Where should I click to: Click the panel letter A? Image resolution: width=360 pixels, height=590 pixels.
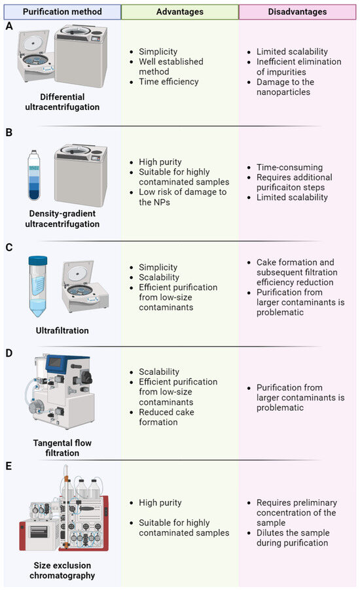click(9, 27)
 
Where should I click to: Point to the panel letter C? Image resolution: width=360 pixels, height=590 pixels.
click(9, 249)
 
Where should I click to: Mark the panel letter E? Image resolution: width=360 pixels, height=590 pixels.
click(9, 468)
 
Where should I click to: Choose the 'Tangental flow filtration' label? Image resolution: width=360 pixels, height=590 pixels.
click(62, 447)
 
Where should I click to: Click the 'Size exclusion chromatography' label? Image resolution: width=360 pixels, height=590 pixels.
click(62, 570)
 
